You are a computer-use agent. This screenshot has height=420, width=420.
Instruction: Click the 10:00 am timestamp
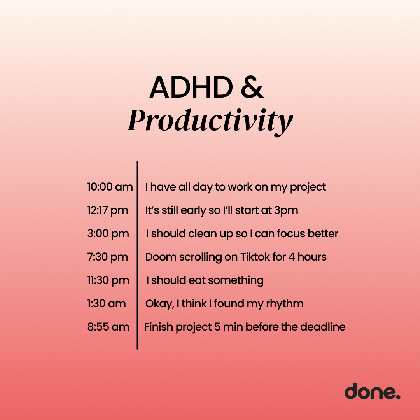point(110,187)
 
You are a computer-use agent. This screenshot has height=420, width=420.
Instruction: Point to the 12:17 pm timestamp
point(107,210)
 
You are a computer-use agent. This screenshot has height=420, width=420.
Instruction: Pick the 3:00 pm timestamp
point(108,234)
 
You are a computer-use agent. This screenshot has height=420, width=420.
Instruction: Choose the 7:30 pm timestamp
point(107,257)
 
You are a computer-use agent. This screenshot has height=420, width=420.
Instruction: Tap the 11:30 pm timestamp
point(108,280)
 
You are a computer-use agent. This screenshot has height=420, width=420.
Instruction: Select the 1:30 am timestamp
point(106,304)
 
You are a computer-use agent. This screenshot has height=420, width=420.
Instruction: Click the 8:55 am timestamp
point(108,327)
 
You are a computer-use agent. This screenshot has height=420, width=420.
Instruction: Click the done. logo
point(372,391)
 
